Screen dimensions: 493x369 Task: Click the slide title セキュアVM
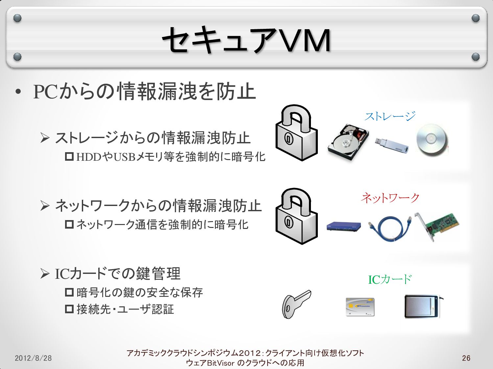click(x=246, y=40)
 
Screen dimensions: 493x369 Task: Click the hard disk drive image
click(x=348, y=142)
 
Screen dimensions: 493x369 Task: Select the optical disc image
click(x=432, y=139)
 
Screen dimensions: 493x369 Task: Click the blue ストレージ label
click(x=390, y=116)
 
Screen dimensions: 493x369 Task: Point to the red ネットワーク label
click(x=390, y=198)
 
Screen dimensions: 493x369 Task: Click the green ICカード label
click(x=390, y=279)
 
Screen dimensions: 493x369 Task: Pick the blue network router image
click(x=343, y=226)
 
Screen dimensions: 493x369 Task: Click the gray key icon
click(x=295, y=303)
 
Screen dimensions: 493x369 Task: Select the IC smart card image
click(x=360, y=307)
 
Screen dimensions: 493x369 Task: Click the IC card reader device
click(x=422, y=306)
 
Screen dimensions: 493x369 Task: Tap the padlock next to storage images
click(x=296, y=133)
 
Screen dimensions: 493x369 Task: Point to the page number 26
click(x=466, y=358)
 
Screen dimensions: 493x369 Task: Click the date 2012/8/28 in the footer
click(x=33, y=358)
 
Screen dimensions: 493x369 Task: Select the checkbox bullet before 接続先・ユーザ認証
click(x=69, y=309)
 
